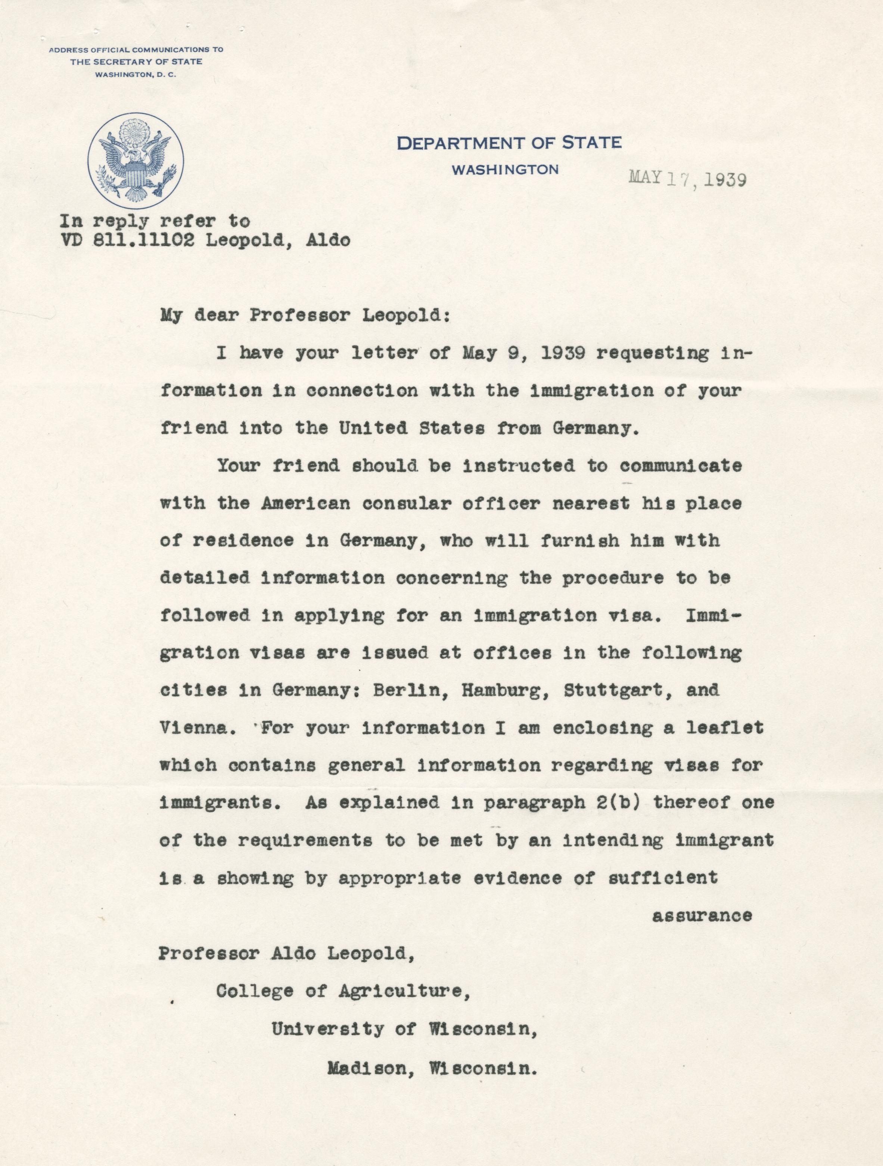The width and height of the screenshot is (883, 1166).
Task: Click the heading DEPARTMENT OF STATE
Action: [x=509, y=143]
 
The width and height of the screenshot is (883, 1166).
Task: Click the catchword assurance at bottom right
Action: [x=702, y=916]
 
